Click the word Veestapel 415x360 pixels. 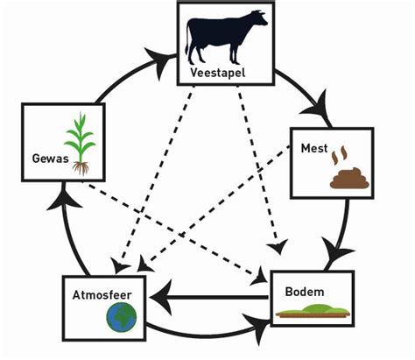tap(218, 73)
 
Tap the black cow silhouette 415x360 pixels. tap(225, 37)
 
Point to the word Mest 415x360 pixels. tap(314, 148)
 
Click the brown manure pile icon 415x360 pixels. tap(349, 179)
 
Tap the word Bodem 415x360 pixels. tap(305, 292)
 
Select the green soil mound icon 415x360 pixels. tap(313, 311)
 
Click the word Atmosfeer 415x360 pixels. tap(102, 295)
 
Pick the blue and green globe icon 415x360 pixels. tap(122, 317)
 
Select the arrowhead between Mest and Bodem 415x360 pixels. tap(335, 251)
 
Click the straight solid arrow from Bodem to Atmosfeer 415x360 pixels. tap(208, 298)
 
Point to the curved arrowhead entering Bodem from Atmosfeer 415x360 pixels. tap(257, 324)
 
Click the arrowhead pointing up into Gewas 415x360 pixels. tap(64, 199)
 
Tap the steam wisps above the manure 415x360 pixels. tap(340, 155)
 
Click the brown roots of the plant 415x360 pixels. tap(81, 168)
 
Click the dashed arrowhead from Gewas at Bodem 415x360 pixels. tap(260, 277)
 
